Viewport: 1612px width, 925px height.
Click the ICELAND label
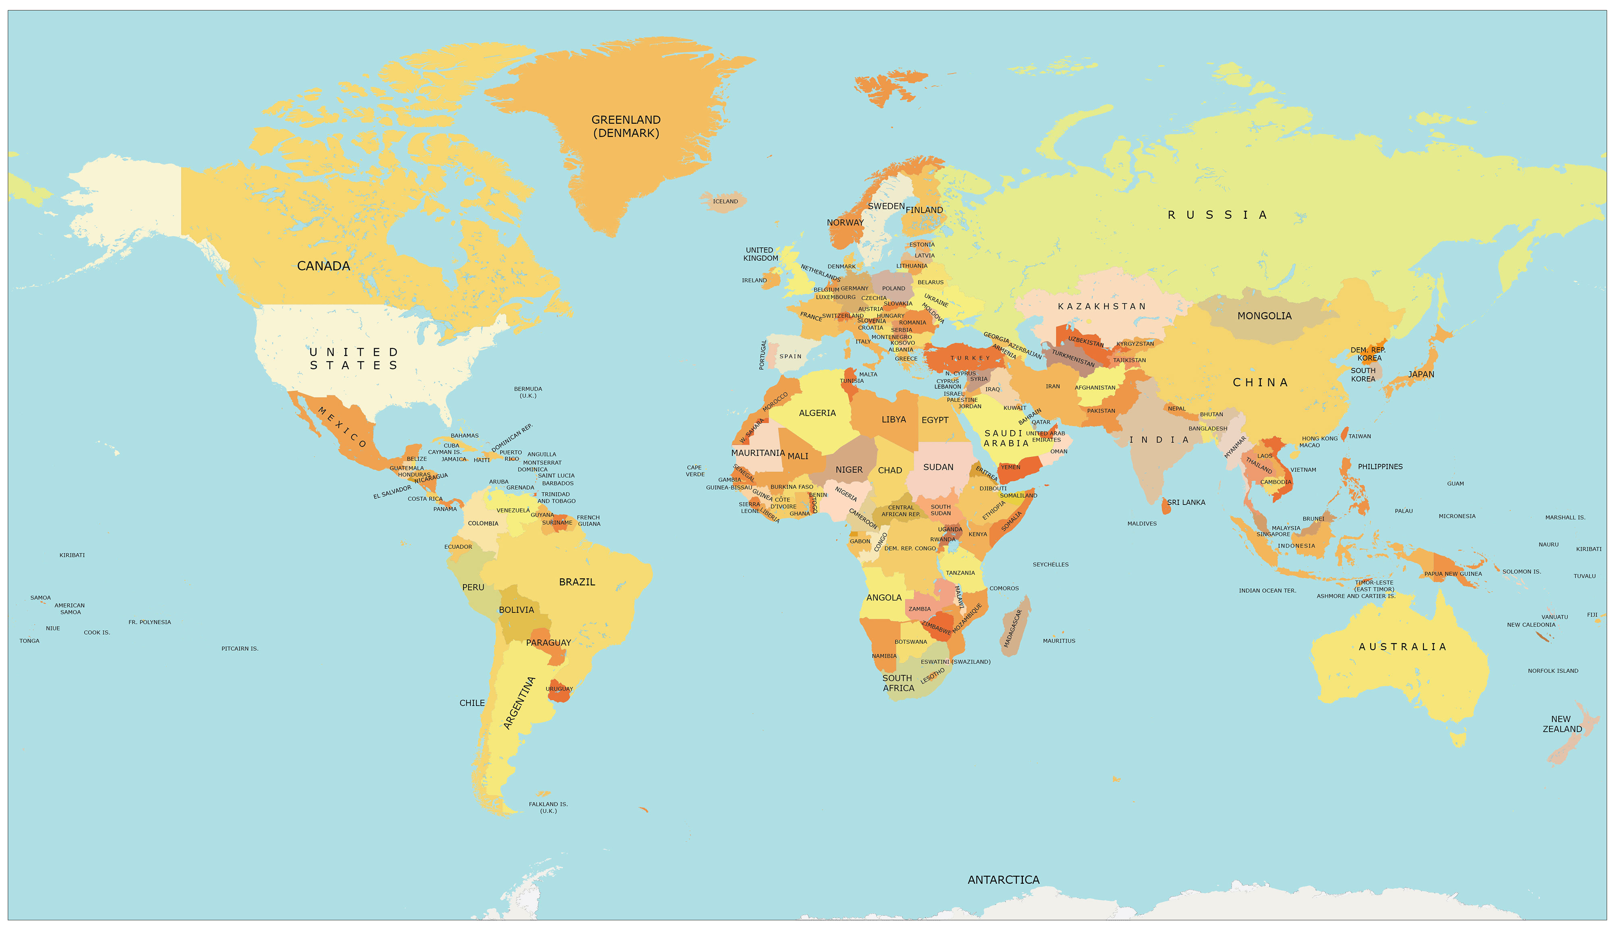point(725,201)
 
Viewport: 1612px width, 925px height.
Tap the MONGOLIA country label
point(1264,316)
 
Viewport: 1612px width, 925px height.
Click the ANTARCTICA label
point(1003,880)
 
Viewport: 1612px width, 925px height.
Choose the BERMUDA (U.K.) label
point(528,392)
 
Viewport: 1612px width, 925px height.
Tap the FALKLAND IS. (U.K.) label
point(548,807)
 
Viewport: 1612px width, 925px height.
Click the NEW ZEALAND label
point(1562,724)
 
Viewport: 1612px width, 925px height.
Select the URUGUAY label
point(559,689)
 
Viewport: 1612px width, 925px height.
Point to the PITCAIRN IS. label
point(240,649)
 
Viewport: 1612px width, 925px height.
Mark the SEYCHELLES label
point(1050,564)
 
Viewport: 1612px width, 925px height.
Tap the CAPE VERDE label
point(695,471)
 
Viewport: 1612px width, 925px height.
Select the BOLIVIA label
point(516,610)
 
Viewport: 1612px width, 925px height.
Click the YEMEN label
point(1011,467)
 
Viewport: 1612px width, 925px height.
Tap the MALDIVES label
point(1142,524)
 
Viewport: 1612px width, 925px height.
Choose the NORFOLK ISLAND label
point(1552,671)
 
